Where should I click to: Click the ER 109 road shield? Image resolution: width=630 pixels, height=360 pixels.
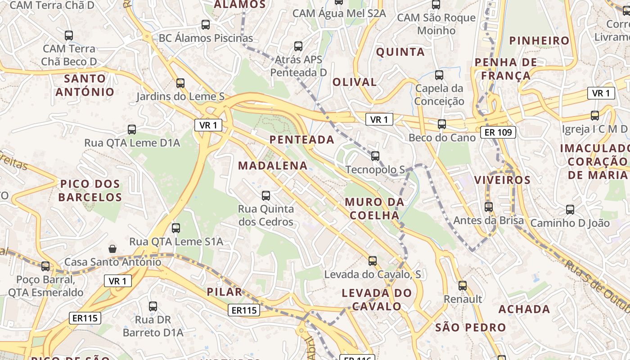[x=498, y=132]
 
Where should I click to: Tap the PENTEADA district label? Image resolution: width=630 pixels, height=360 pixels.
[x=302, y=139]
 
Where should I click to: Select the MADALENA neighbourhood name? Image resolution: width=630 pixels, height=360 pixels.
[x=273, y=166]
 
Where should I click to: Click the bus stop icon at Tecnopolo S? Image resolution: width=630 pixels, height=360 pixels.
[x=375, y=156]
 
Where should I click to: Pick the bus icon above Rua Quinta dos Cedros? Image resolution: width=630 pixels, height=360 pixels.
[x=266, y=196]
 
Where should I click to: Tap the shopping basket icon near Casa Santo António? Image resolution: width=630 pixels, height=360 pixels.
[x=112, y=249]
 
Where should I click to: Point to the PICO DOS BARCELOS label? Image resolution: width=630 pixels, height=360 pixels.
[x=90, y=190]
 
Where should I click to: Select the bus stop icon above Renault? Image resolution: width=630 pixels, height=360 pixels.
[x=463, y=286]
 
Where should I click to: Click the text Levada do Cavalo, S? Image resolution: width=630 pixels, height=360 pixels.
[x=373, y=274]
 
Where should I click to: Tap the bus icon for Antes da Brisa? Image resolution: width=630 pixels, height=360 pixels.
[x=489, y=207]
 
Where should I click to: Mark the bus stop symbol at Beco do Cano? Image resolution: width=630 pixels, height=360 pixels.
[x=442, y=124]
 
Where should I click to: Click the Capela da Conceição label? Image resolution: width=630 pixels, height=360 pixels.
[x=439, y=94]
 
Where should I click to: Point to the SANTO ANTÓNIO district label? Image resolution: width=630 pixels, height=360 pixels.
[x=85, y=85]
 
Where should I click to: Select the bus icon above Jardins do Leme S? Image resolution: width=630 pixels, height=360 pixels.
[x=180, y=83]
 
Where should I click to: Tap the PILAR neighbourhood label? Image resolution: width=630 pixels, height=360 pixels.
[x=224, y=292]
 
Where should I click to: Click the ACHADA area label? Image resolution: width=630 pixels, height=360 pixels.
[x=524, y=309]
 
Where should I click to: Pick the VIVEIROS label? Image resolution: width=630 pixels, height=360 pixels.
[x=502, y=180]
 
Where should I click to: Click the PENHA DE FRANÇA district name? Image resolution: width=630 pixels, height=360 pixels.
[x=506, y=68]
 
